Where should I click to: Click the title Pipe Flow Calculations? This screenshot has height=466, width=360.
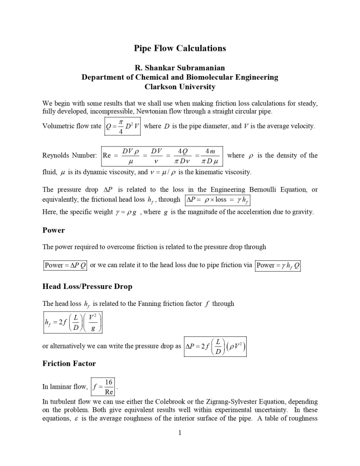point(180,48)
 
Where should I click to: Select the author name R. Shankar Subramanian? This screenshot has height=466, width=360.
point(180,68)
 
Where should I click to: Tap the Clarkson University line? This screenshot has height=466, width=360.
point(180,86)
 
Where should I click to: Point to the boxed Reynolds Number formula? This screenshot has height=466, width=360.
point(162,156)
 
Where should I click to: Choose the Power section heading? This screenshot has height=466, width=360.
point(54,230)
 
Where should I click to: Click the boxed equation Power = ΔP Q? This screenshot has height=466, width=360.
point(65,265)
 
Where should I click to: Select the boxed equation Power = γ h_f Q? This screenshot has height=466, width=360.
point(278,265)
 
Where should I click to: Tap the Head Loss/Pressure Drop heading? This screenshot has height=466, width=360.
point(87,286)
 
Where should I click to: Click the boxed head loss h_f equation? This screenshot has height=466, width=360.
point(72,322)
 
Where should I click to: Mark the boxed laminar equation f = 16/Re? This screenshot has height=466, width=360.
point(103,386)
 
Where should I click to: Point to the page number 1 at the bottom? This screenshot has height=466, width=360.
point(180,433)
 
